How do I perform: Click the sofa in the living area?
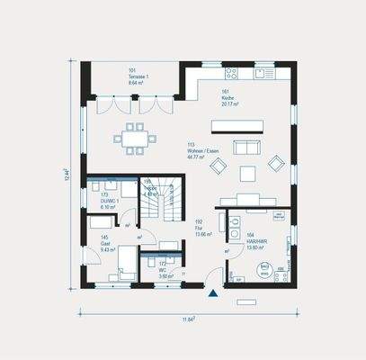pyautogui.click(x=244, y=146)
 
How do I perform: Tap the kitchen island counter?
pyautogui.click(x=237, y=123)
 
